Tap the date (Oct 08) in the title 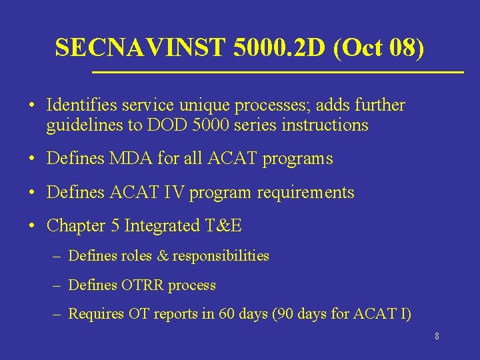point(379,47)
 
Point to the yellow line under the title point(277,71)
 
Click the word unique point(189,105)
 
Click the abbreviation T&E point(223,226)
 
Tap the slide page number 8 point(437,337)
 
